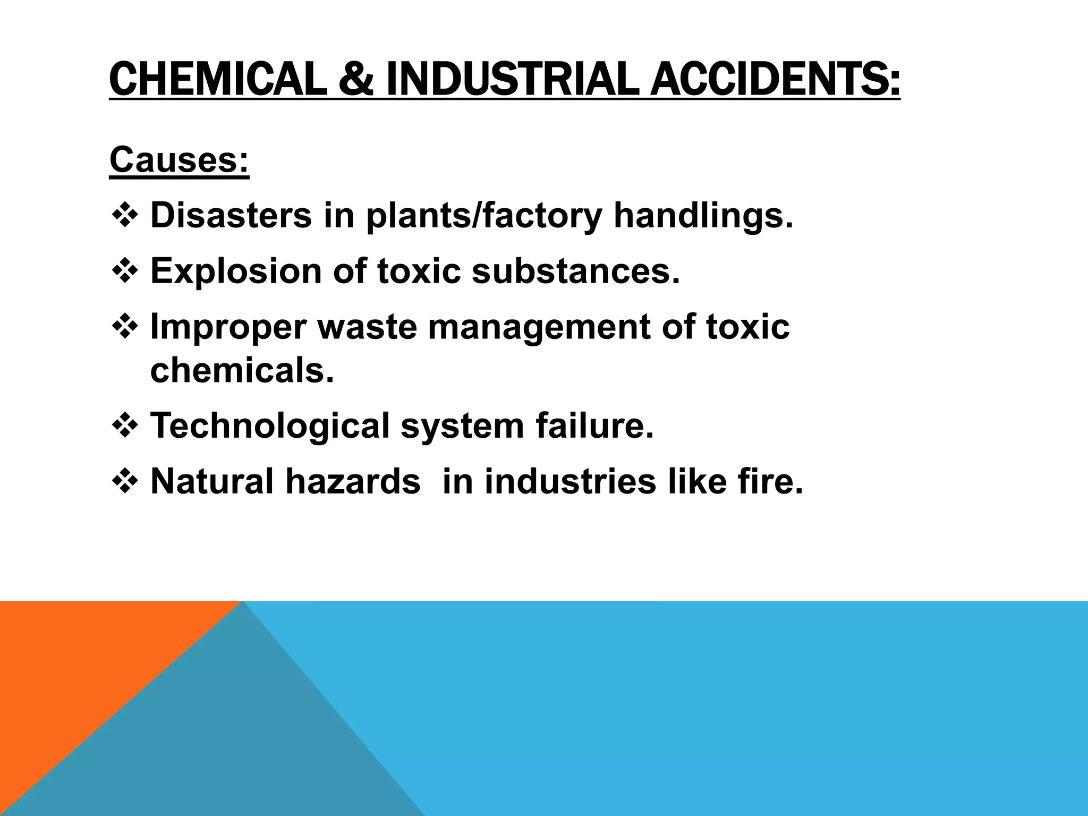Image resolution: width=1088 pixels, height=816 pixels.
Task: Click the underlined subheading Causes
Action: (x=179, y=159)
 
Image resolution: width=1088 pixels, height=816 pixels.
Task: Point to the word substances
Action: (x=576, y=271)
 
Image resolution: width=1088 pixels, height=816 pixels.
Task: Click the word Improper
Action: (x=228, y=327)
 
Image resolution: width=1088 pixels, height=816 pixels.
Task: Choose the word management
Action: (x=539, y=327)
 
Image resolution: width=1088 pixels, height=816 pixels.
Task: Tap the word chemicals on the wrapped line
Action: (x=242, y=370)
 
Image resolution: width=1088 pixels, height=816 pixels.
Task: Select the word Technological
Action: (x=270, y=426)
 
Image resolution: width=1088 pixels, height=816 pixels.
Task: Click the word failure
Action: (x=594, y=426)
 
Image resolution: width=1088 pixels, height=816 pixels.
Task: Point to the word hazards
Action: (x=353, y=481)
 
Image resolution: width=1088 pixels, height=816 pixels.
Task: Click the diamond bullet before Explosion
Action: (x=125, y=270)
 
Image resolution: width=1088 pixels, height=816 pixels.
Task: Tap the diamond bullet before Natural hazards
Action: (x=125, y=481)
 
